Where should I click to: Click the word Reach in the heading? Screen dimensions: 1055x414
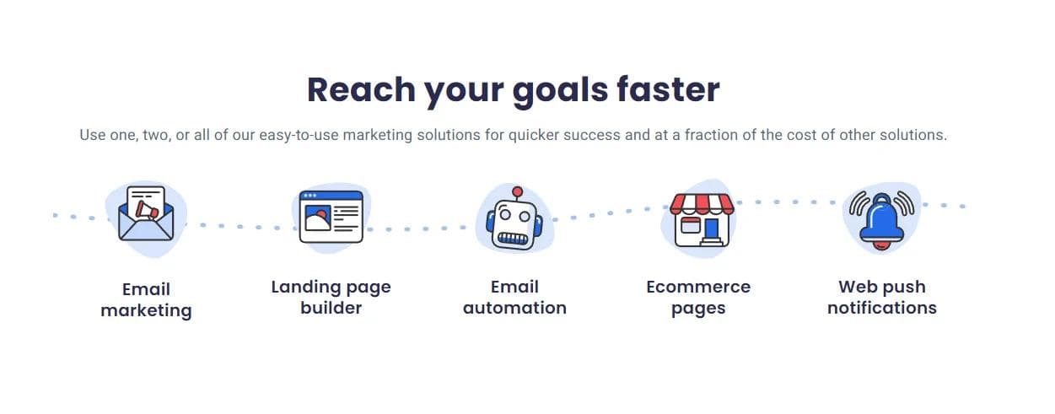[x=361, y=89]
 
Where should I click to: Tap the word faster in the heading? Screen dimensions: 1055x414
[x=668, y=89]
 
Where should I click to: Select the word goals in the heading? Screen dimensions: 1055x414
[x=561, y=91]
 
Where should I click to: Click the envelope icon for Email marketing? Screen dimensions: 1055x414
[x=146, y=213]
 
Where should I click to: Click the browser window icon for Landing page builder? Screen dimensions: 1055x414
[x=331, y=217]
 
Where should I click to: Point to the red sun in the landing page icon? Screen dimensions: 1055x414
[x=321, y=215]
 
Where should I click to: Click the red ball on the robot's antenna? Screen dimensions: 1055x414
[x=517, y=191]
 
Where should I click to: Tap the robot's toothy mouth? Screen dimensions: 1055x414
[x=513, y=239]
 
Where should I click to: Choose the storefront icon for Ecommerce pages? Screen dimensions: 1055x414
[x=702, y=220]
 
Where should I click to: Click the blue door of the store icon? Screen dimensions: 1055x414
[x=712, y=229]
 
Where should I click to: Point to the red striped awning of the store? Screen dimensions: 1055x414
[x=702, y=204]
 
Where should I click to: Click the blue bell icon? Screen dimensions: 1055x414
[x=881, y=219]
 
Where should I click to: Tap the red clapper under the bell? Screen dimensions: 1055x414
[x=881, y=246]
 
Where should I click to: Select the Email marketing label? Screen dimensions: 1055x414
[x=146, y=300]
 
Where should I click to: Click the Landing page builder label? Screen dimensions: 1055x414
[x=331, y=297]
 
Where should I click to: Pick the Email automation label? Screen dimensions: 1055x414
[x=514, y=297]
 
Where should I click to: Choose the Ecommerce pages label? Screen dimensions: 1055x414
[x=698, y=298]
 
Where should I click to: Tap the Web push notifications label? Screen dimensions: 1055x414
[x=882, y=297]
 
